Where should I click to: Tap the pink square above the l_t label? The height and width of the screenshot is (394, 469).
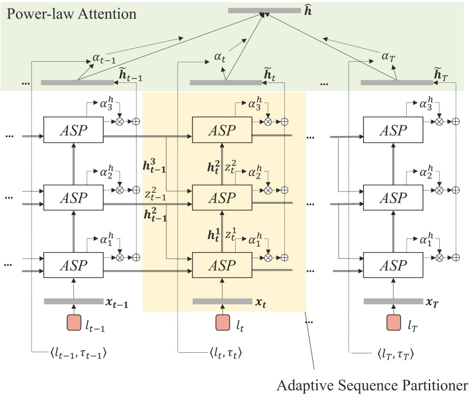coord(222,323)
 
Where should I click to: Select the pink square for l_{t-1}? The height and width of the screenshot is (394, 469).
coord(74,323)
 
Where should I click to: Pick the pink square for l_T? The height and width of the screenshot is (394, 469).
coord(394,323)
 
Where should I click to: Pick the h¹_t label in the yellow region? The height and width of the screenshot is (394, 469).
coord(214,235)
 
